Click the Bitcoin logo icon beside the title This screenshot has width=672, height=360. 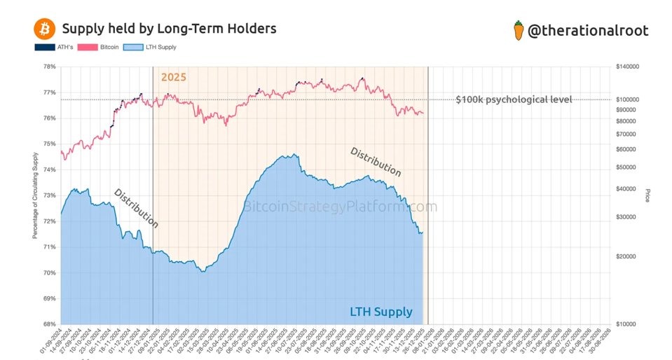44,29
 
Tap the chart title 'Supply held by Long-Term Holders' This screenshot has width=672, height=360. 169,29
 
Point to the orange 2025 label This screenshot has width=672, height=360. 174,77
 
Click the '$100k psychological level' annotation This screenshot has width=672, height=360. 514,99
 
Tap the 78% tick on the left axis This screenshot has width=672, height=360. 50,67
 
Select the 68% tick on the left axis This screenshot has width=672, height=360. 50,324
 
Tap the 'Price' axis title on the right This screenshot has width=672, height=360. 648,195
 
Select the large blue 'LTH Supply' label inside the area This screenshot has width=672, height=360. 381,312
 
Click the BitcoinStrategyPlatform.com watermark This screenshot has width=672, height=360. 340,207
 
